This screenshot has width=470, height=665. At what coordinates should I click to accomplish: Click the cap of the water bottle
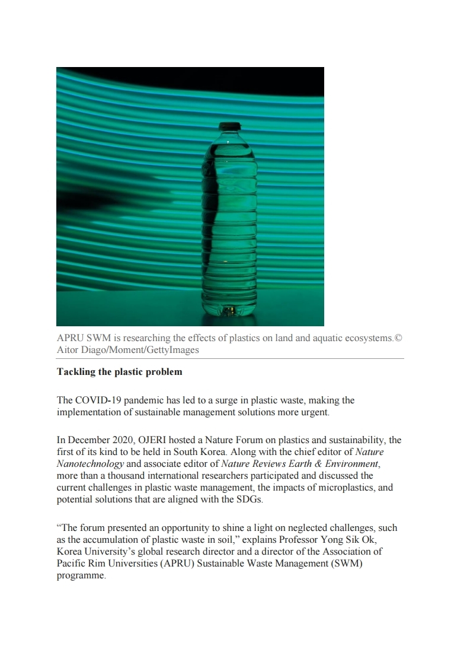[229, 126]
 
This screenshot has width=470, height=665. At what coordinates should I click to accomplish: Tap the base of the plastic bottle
[229, 309]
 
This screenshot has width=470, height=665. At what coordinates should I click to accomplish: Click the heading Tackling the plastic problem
[119, 372]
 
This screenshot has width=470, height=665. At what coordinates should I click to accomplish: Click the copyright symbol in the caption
[398, 338]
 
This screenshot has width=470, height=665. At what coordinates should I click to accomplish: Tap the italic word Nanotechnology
[90, 463]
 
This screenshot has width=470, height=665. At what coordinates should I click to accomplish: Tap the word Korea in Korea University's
[71, 551]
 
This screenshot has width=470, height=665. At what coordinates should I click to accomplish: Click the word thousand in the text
[113, 475]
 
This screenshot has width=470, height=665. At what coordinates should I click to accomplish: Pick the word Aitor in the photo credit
[68, 349]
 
